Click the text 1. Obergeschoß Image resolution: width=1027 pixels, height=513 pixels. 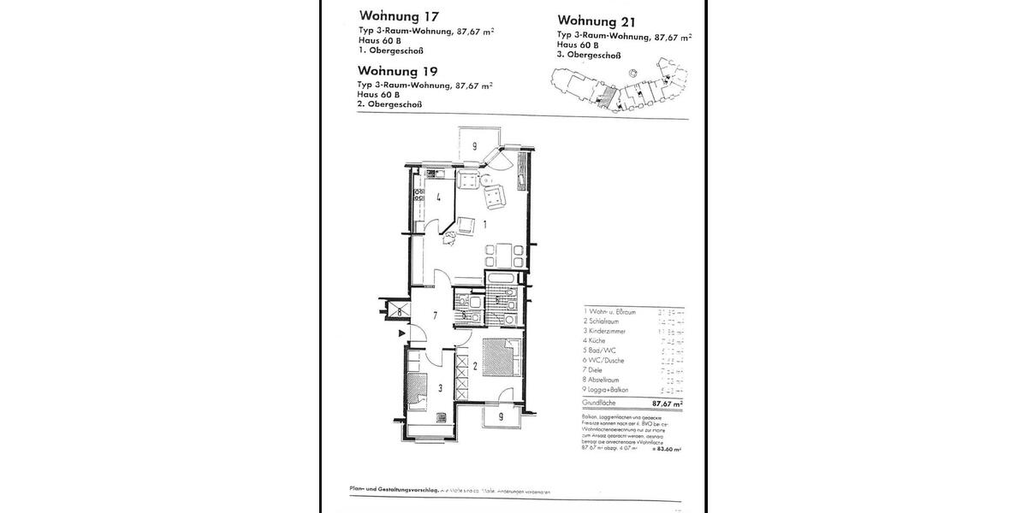coord(388,50)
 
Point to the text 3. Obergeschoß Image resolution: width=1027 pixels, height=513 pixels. coord(589,55)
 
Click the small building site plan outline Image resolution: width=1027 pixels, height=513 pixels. coord(616,85)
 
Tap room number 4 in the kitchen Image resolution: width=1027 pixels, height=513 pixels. coord(437,198)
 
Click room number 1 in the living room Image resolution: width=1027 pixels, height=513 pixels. coord(484,224)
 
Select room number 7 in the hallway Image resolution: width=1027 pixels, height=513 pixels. coord(435,316)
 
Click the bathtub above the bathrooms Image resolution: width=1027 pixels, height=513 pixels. coord(508,280)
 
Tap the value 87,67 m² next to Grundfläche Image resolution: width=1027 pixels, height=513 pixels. coord(667,403)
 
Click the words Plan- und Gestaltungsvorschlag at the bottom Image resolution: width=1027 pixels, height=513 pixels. coord(395,490)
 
